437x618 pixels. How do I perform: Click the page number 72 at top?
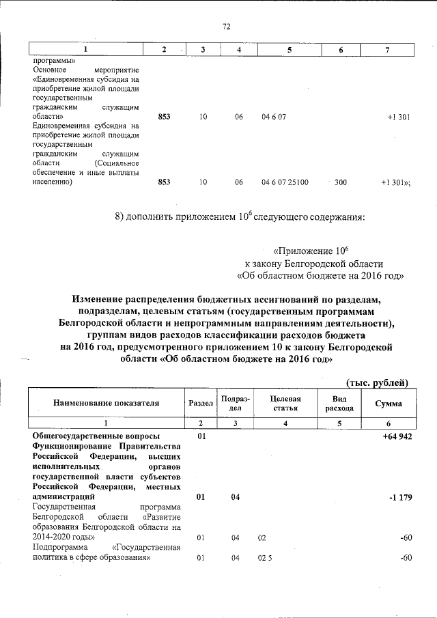coord(226,27)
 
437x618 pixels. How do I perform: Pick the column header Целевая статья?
coord(285,403)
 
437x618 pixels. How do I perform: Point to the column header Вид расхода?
coord(339,403)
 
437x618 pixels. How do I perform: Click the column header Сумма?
coord(388,404)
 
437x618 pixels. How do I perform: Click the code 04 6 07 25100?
coord(285,182)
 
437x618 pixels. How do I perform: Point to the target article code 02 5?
coord(266,558)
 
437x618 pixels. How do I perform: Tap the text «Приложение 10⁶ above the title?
coord(310,251)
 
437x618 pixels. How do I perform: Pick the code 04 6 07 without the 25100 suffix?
coord(273,117)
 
